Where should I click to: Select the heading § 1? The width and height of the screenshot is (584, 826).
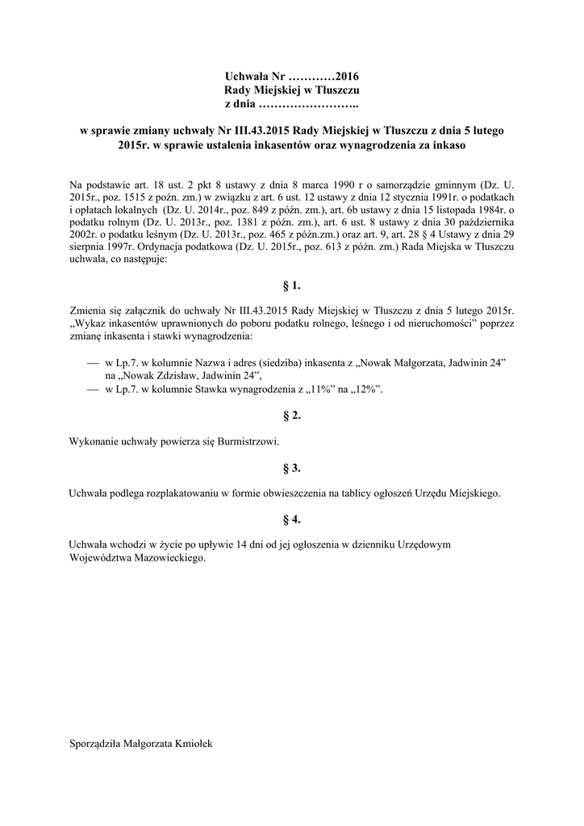(x=292, y=286)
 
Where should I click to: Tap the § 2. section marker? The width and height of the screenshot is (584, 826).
(x=292, y=415)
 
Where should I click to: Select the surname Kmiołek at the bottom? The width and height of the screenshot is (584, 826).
(x=190, y=745)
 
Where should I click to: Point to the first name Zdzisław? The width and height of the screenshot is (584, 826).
(x=184, y=376)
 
